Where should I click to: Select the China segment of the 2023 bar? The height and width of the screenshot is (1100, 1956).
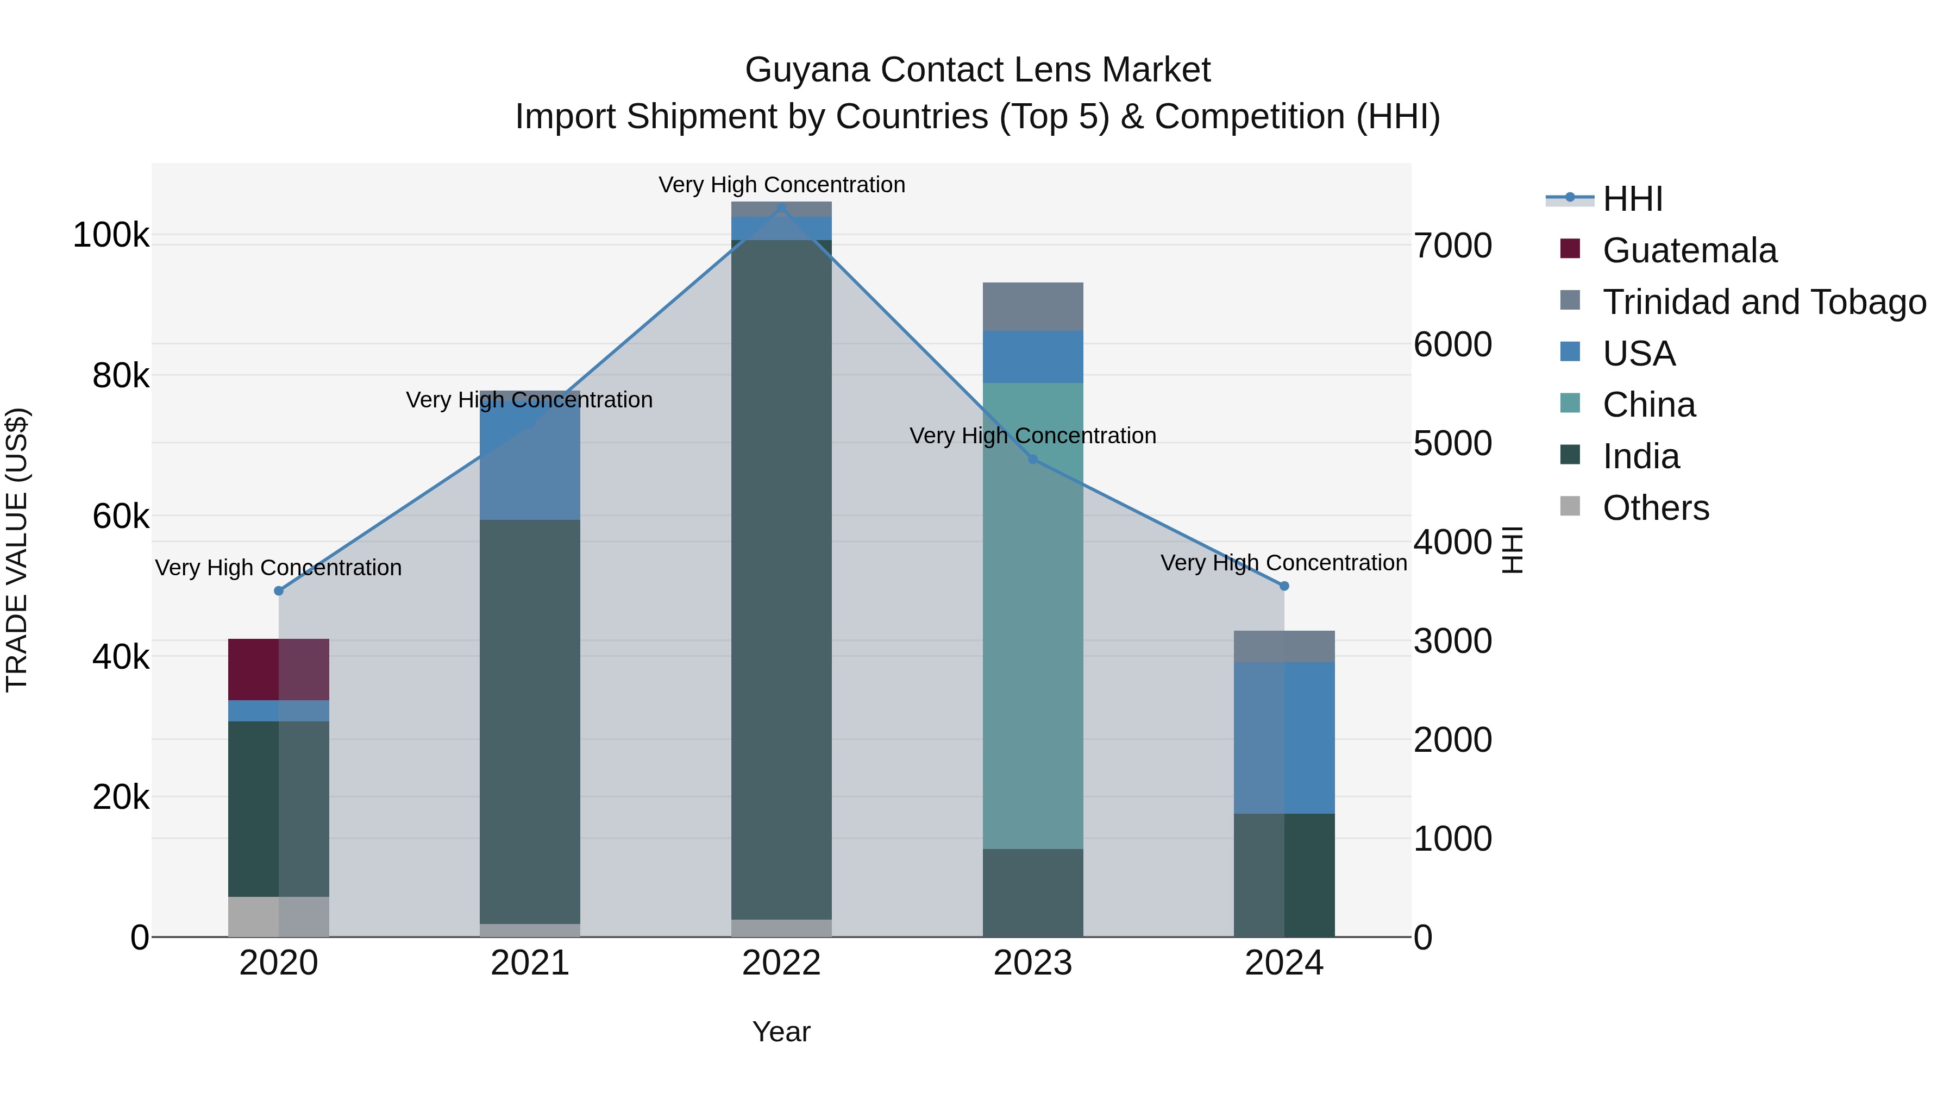(1033, 615)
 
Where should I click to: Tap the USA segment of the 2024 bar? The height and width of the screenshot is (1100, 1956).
(1284, 737)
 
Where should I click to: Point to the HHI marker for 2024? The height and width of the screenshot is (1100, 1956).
(1284, 586)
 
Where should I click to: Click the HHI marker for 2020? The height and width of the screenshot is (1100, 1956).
(279, 590)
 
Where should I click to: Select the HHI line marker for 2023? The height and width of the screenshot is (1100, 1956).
(1033, 459)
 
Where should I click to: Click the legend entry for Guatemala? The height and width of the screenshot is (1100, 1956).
(1689, 250)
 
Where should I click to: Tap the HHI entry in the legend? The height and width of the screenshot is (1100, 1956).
(1633, 199)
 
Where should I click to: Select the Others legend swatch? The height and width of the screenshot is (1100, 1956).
(1570, 506)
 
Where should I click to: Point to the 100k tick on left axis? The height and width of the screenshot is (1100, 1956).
(111, 235)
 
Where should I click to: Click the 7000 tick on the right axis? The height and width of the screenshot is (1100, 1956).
(1452, 246)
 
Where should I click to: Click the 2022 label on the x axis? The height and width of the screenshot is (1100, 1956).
(781, 963)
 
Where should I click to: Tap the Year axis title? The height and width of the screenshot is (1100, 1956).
(781, 1032)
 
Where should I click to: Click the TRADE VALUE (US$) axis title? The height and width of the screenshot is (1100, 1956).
(17, 550)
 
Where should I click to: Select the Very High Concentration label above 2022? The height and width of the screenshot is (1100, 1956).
(781, 185)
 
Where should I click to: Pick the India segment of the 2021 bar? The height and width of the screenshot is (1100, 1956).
(530, 721)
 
